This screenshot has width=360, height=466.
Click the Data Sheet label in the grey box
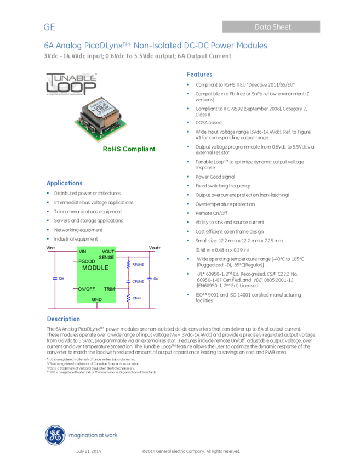coord(272,27)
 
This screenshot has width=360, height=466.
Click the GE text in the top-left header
coord(49,27)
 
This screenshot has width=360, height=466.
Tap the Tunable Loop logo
coord(71,84)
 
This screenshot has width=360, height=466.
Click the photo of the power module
coord(101,119)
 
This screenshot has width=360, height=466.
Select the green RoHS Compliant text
coord(129,149)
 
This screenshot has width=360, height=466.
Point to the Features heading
coord(199,75)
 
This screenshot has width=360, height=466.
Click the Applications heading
coord(64,184)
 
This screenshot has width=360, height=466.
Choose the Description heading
coord(63,319)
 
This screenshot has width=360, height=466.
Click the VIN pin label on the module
coord(83,252)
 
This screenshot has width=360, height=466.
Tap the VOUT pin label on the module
coord(108,252)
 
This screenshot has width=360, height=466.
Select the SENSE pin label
coord(106,257)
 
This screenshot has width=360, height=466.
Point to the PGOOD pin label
coord(87,262)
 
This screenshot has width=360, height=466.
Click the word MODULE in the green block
coord(95,268)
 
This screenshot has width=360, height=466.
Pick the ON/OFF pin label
coord(87,288)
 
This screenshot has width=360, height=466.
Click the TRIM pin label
coord(110,288)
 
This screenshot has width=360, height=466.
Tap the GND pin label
coord(96,299)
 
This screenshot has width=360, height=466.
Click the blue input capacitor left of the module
coord(55,279)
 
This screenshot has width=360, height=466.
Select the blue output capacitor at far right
coord(149,279)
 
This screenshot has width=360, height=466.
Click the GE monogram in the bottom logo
coord(55,435)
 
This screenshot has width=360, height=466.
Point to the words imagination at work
coord(92,436)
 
